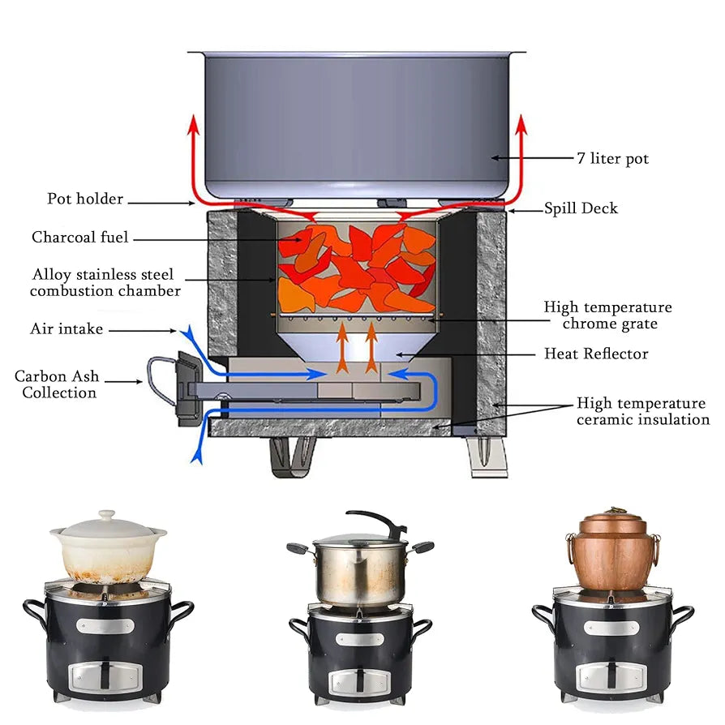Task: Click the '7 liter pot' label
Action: tap(612, 158)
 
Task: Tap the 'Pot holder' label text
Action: tap(85, 199)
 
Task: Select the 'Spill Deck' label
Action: tap(581, 208)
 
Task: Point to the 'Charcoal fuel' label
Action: tap(80, 238)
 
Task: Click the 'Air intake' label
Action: tap(66, 328)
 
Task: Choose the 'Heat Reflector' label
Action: tap(596, 354)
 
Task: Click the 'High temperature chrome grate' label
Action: tap(607, 315)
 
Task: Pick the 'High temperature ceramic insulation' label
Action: tap(642, 411)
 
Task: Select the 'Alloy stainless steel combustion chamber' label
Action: tap(105, 282)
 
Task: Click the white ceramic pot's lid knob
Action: tap(106, 516)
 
